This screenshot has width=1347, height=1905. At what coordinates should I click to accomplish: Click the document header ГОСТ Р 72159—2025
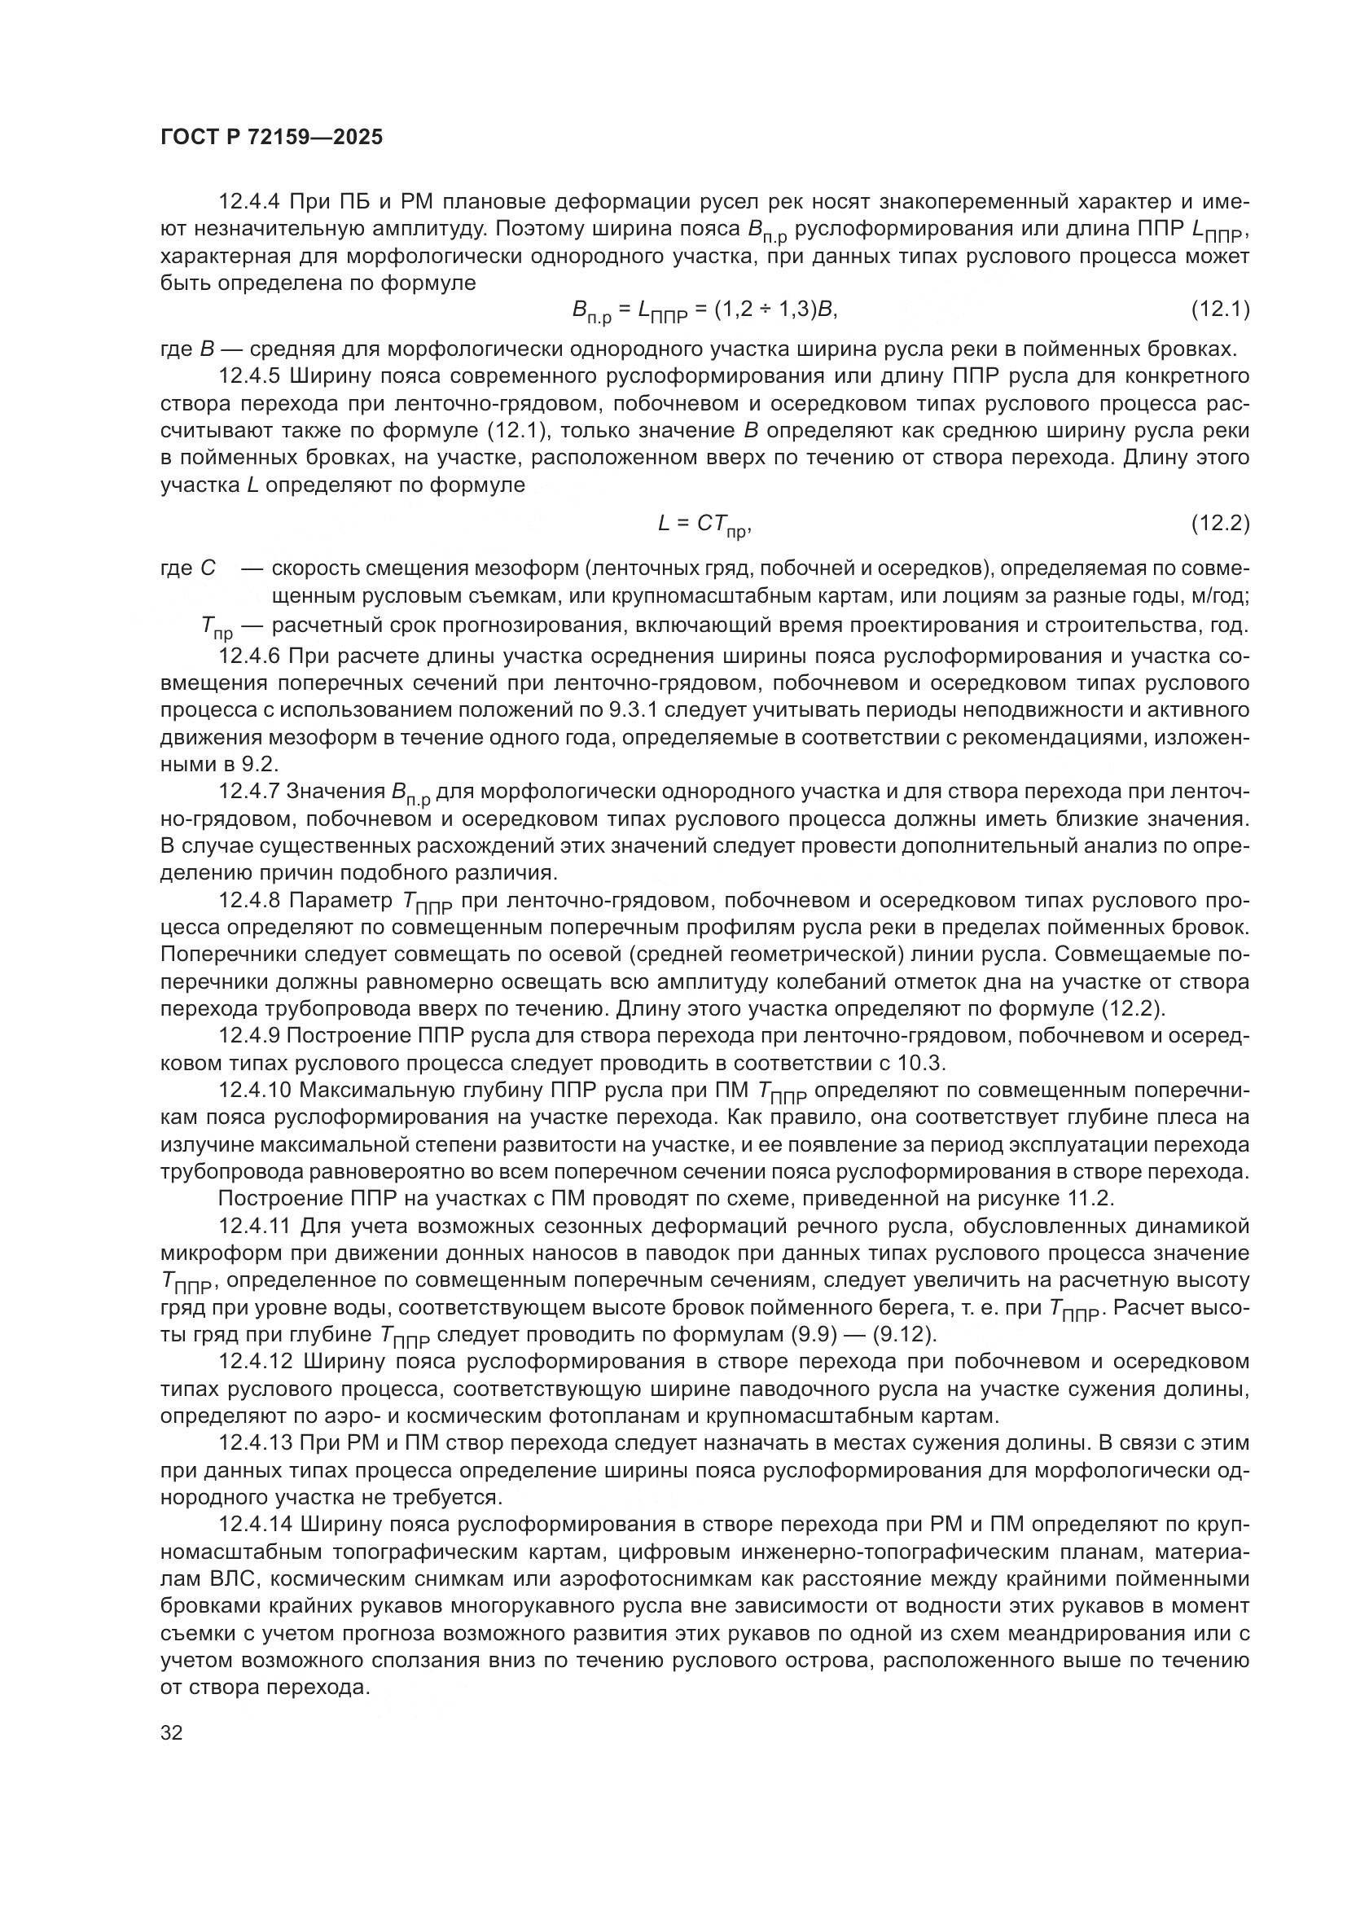point(271,138)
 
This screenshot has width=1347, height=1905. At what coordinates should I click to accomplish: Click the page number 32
point(172,1733)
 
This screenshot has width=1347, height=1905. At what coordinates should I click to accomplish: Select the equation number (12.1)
point(1220,310)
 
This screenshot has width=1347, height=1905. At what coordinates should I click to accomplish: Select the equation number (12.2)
point(1220,523)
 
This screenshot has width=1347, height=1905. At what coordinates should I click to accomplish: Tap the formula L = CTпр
point(704,525)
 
